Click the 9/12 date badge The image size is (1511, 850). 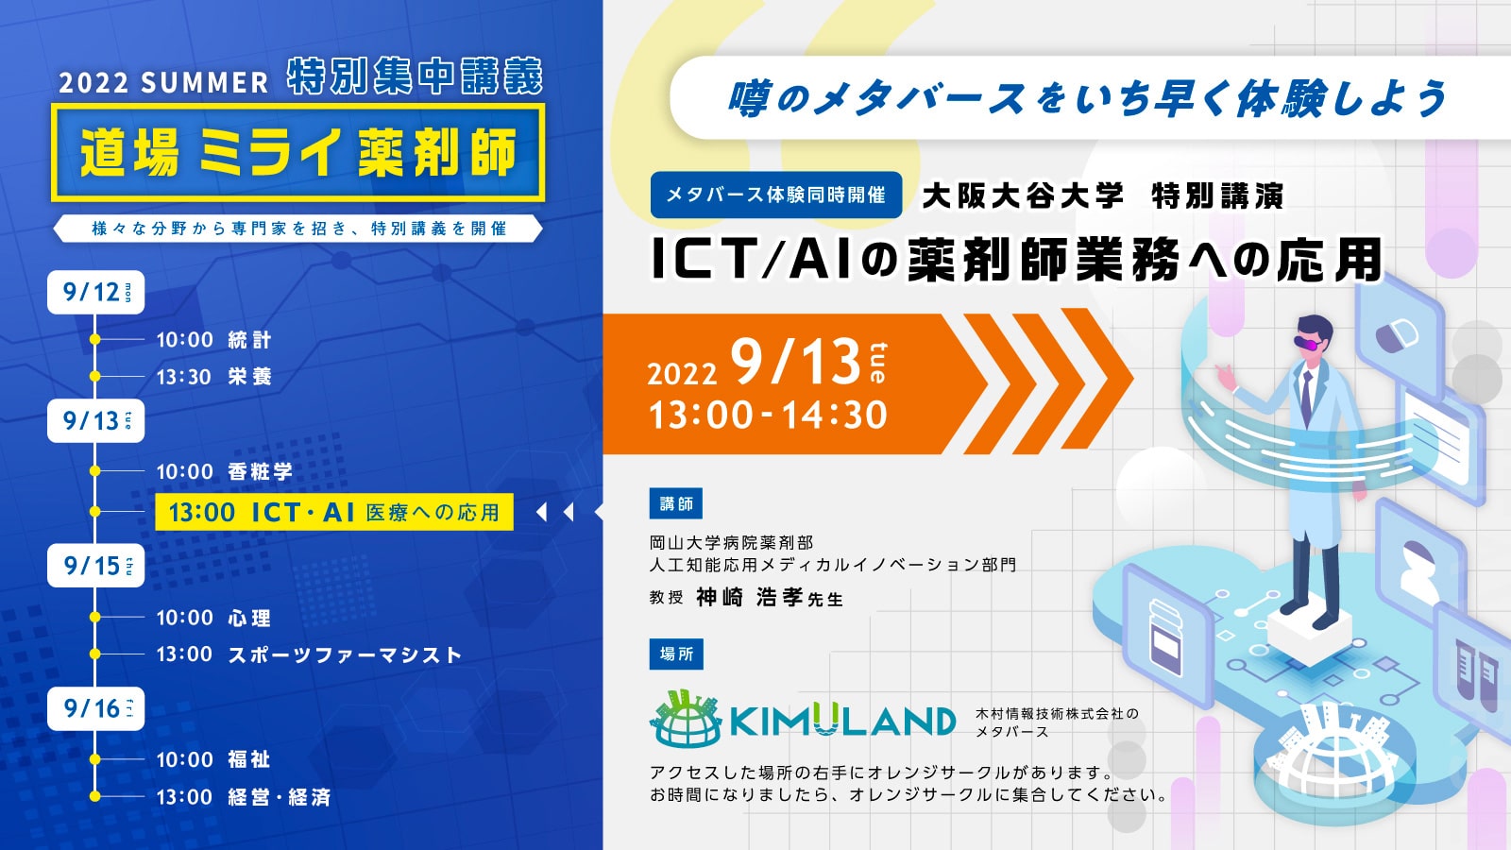pos(95,292)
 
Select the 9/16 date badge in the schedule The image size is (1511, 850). pos(95,708)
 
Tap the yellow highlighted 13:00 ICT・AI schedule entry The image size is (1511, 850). pos(334,512)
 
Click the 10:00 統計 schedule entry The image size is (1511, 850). pos(213,339)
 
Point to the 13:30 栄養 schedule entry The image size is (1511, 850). pos(213,377)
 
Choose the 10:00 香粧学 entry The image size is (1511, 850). pos(224,471)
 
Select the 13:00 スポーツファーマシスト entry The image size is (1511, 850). pos(309,654)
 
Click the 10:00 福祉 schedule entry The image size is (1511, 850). pos(213,759)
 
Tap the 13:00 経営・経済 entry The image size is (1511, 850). pos(244,797)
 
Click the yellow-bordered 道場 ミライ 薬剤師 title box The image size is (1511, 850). pos(298,152)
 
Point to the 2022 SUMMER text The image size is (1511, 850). pos(164,83)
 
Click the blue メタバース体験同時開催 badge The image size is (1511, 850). pos(775,195)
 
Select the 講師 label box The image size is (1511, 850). pos(676,503)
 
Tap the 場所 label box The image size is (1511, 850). pos(676,654)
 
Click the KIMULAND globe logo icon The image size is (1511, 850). pos(686,719)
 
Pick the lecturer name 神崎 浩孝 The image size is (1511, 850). pos(749,597)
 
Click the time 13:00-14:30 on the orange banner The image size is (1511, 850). pos(768,415)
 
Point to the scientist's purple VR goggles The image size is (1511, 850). pos(1309,344)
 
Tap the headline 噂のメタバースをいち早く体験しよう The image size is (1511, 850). pos(1087,98)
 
